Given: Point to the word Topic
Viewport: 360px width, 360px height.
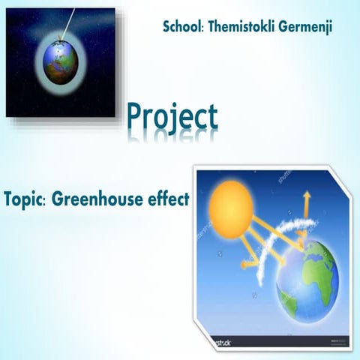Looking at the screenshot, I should point(24,201).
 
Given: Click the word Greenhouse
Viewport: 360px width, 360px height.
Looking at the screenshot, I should point(98,201).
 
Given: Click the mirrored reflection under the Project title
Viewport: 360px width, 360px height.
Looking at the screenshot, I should point(172,137).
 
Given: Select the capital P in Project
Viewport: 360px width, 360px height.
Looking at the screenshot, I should point(136,116).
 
